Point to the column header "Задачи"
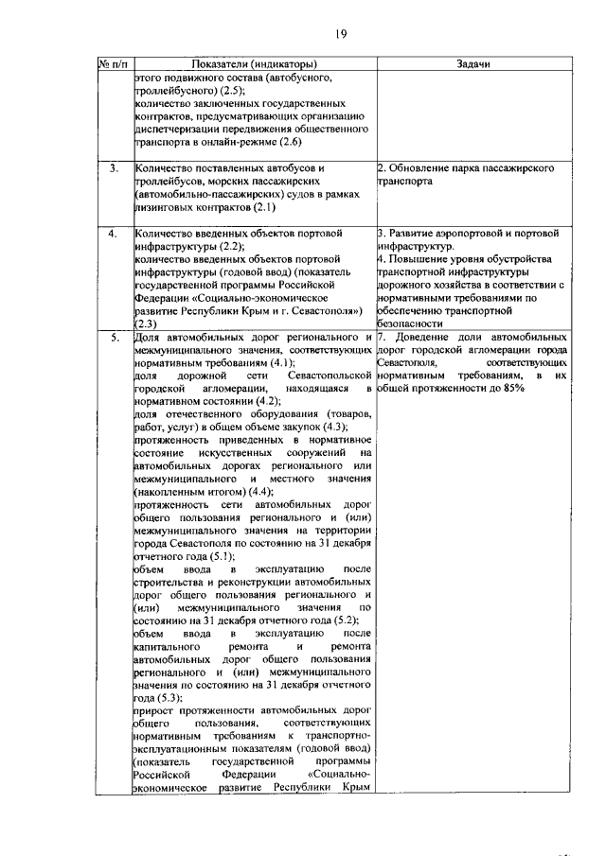[x=473, y=63]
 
